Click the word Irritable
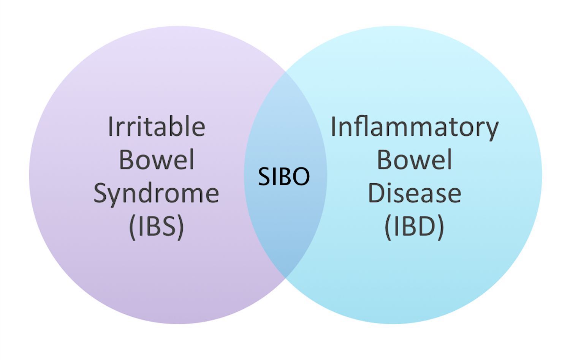[156, 126]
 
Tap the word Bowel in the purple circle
[156, 159]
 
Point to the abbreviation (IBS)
[156, 226]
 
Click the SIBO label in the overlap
[284, 177]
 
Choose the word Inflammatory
[414, 127]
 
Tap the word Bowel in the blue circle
[414, 159]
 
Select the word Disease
[414, 193]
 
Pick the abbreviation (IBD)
[414, 226]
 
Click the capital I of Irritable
[111, 126]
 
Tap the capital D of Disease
[375, 193]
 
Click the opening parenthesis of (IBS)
[132, 227]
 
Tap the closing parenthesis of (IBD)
[441, 227]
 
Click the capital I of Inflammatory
[333, 126]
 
